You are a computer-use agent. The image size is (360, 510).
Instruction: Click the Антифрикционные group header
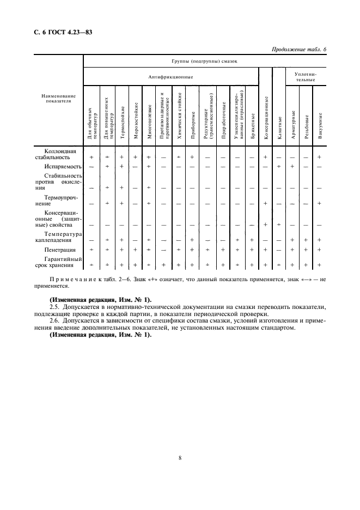coord(170,77)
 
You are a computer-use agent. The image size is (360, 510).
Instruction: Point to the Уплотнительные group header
coord(305,77)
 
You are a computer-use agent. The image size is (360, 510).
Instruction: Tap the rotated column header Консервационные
coord(265,118)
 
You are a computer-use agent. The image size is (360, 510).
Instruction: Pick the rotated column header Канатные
coord(279,125)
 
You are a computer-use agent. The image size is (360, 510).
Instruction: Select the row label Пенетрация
coord(66,249)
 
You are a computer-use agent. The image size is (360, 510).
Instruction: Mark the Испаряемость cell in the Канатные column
coord(279,166)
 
